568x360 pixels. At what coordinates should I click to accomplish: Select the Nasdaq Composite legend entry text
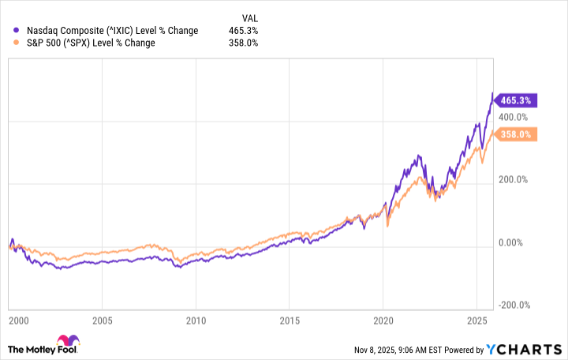point(112,31)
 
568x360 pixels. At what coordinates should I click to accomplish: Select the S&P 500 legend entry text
point(91,43)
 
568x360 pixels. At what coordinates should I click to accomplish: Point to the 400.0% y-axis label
point(513,117)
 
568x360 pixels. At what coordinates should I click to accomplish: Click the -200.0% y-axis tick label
point(514,306)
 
